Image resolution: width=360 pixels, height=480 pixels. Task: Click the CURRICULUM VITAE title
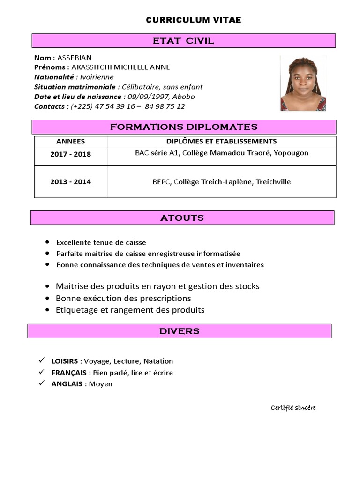pyautogui.click(x=194, y=20)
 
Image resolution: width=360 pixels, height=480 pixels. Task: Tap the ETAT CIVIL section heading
pyautogui.click(x=183, y=41)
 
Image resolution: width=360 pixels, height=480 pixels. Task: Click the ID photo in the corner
pyautogui.click(x=303, y=83)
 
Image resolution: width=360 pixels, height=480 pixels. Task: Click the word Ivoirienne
pyautogui.click(x=97, y=77)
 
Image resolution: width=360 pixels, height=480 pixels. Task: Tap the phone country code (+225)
pyautogui.click(x=82, y=106)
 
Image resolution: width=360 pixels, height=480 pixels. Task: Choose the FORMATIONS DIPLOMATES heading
pyautogui.click(x=183, y=127)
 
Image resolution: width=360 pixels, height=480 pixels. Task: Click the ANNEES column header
pyautogui.click(x=70, y=141)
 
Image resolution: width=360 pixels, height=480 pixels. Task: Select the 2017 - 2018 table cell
pyautogui.click(x=70, y=154)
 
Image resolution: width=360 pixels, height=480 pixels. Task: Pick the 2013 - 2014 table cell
pyautogui.click(x=70, y=181)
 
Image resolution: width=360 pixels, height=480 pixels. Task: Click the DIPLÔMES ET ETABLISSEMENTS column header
pyautogui.click(x=221, y=141)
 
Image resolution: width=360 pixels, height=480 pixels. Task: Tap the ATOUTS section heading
pyautogui.click(x=182, y=217)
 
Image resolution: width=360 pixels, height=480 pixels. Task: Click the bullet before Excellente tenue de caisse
pyautogui.click(x=47, y=242)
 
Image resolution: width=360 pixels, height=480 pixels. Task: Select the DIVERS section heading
pyautogui.click(x=179, y=331)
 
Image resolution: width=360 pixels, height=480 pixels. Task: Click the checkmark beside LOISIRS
pyautogui.click(x=42, y=360)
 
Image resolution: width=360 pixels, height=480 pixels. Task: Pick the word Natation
pyautogui.click(x=158, y=361)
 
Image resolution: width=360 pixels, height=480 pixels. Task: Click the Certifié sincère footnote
pyautogui.click(x=293, y=407)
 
